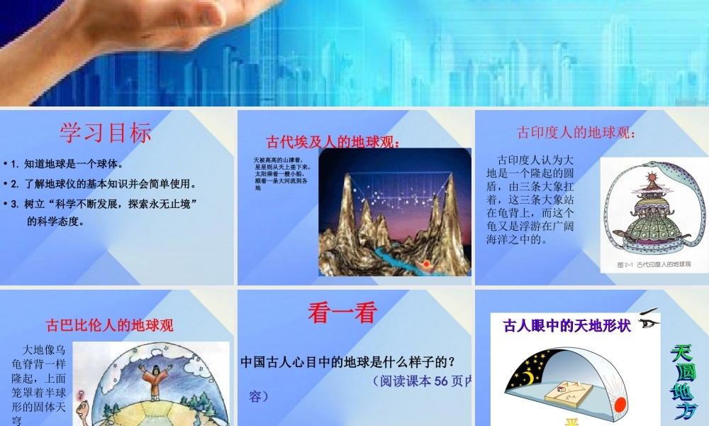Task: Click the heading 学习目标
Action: coord(106,132)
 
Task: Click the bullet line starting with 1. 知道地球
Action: coord(67,164)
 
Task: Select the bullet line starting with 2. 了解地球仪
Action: coord(102,185)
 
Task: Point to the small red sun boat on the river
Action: coord(427,266)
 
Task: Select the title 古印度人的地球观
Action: coord(577,133)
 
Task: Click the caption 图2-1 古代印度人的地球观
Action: coord(654,264)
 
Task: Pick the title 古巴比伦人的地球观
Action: coord(109,326)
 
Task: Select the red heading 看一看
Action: coord(342,313)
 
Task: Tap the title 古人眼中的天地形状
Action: coord(566,327)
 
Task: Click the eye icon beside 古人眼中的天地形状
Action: coord(648,322)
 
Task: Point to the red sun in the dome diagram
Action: coord(620,405)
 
